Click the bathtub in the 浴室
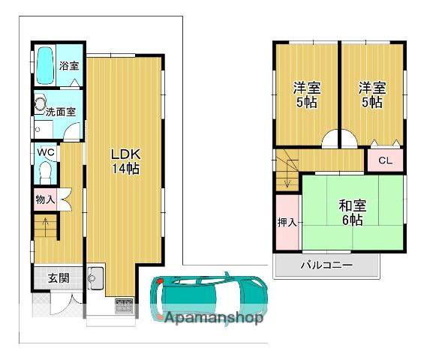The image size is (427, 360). tap(45, 65)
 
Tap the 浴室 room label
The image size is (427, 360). tap(69, 65)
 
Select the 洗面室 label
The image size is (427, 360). tap(61, 112)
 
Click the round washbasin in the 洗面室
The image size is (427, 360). tap(40, 103)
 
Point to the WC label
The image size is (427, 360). tap(46, 152)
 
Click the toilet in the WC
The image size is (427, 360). tap(45, 173)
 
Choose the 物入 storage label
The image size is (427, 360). tap(45, 199)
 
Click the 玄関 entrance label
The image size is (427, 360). tap(59, 278)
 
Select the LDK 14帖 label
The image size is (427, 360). tap(126, 161)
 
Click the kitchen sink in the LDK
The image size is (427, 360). tap(95, 278)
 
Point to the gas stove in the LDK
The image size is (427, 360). tap(124, 306)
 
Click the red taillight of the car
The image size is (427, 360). tap(160, 281)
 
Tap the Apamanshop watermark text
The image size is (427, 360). tap(214, 317)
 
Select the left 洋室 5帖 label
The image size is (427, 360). tap(307, 94)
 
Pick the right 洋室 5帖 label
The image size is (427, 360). tap(372, 94)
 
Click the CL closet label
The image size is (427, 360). tap(385, 160)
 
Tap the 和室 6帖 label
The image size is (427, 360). tap(353, 212)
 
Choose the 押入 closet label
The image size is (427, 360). tap(287, 222)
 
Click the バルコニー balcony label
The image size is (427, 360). tap(326, 265)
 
